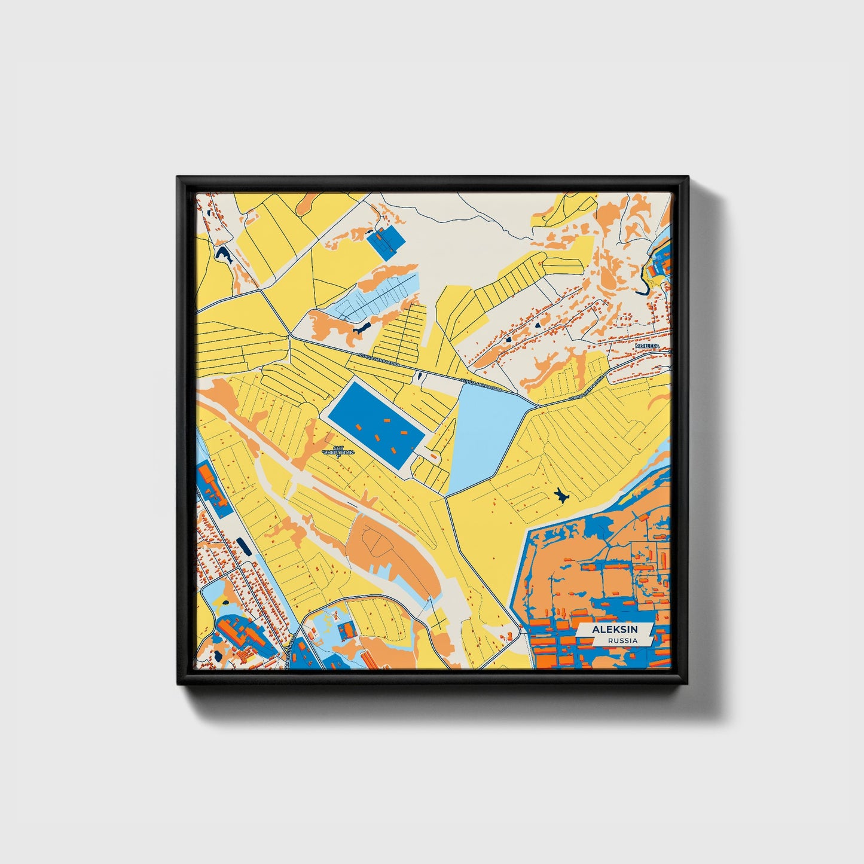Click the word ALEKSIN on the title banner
pyautogui.click(x=615, y=630)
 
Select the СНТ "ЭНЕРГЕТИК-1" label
pyautogui.click(x=338, y=452)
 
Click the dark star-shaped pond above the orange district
pyautogui.click(x=560, y=494)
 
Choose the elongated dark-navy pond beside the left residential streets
pyautogui.click(x=242, y=545)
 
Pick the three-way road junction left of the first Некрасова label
pyautogui.click(x=291, y=336)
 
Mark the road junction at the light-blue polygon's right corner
pyautogui.click(x=536, y=407)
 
